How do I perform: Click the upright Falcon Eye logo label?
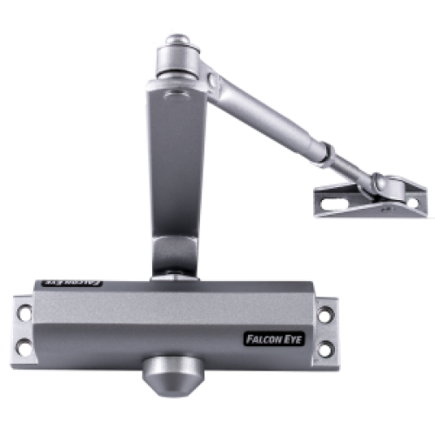click(274, 339)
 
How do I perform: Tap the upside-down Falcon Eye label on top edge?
click(72, 283)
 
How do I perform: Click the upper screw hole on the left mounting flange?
click(25, 312)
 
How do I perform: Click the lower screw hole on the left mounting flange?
click(24, 347)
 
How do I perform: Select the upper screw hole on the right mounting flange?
click(325, 315)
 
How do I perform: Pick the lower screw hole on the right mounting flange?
click(326, 349)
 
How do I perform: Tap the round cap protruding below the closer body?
click(173, 376)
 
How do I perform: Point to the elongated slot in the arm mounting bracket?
click(334, 204)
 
